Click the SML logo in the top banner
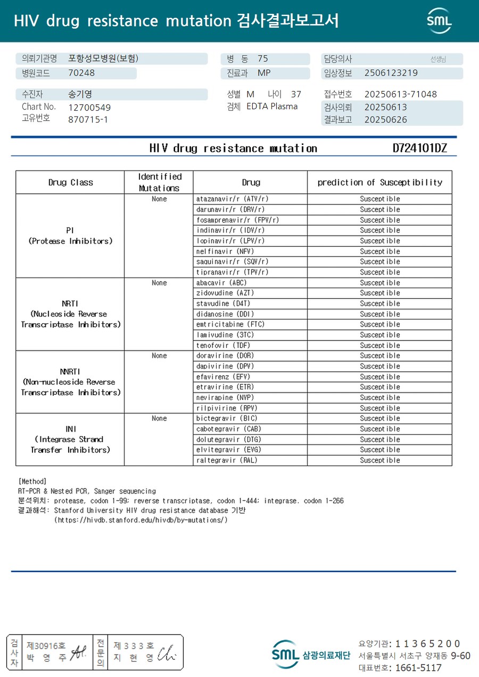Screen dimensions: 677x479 click(439, 21)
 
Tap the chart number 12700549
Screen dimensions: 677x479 click(89, 107)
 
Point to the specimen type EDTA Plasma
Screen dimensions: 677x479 click(272, 107)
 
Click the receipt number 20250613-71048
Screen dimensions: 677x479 click(400, 94)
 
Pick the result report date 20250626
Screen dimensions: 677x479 click(385, 120)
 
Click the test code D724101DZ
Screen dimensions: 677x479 click(420, 148)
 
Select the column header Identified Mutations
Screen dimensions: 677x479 click(159, 182)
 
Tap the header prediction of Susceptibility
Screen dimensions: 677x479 click(379, 182)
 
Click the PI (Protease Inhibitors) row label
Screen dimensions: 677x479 click(70, 235)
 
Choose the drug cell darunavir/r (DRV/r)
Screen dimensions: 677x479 click(230, 209)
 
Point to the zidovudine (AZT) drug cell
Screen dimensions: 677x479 click(225, 293)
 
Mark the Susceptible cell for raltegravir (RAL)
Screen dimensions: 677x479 click(379, 460)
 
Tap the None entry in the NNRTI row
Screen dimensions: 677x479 click(159, 356)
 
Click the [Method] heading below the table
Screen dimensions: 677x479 click(32, 481)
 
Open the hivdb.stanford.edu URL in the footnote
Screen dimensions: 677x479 click(141, 520)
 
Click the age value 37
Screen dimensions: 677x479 click(296, 94)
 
